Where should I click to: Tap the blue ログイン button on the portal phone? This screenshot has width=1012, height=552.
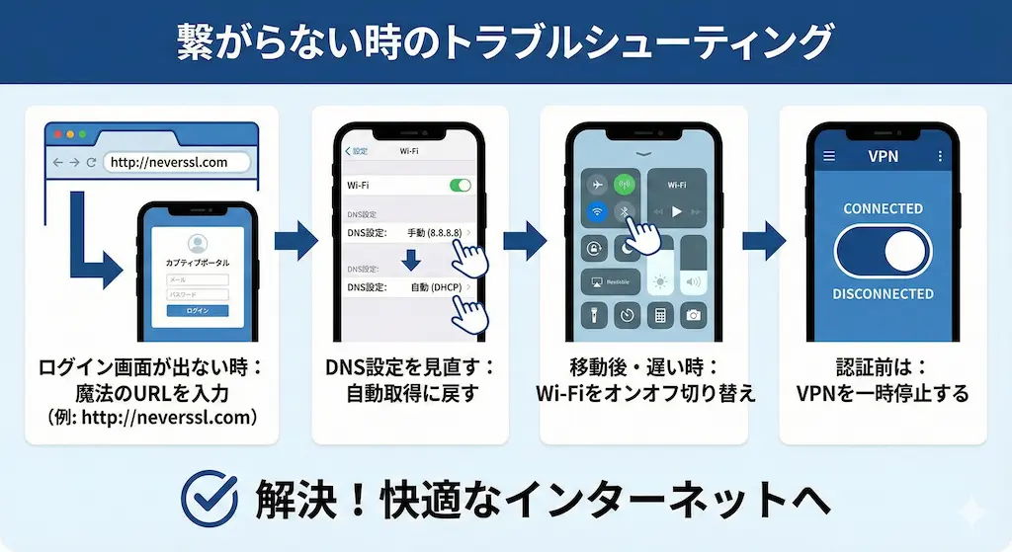pyautogui.click(x=198, y=310)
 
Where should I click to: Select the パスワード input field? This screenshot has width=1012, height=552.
pyautogui.click(x=198, y=294)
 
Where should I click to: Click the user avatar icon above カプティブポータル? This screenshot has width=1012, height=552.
pyautogui.click(x=197, y=244)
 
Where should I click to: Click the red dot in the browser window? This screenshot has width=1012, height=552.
pyautogui.click(x=57, y=134)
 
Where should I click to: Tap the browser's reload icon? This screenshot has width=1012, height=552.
pyautogui.click(x=91, y=162)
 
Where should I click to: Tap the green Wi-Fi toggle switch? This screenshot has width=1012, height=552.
pyautogui.click(x=460, y=185)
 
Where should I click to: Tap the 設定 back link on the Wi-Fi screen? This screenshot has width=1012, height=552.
pyautogui.click(x=357, y=151)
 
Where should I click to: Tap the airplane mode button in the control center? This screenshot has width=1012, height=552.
pyautogui.click(x=595, y=185)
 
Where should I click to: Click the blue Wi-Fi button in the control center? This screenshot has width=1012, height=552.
pyautogui.click(x=595, y=211)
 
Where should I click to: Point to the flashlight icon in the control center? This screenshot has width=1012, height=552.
pyautogui.click(x=595, y=316)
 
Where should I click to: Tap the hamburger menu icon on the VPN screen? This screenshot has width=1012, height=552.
pyautogui.click(x=829, y=156)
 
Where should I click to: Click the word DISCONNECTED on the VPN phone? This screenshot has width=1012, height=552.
pyautogui.click(x=883, y=294)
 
